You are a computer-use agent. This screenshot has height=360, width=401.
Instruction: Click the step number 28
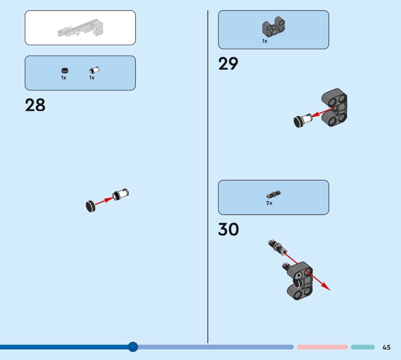click(x=35, y=105)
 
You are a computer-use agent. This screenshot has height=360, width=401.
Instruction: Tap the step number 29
click(x=228, y=64)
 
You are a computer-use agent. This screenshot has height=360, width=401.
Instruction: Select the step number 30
click(x=229, y=230)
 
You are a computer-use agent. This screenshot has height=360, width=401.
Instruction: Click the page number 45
click(x=386, y=347)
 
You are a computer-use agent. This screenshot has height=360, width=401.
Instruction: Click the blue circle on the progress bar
click(x=133, y=346)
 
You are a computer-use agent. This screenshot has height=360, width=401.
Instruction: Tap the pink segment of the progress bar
click(x=322, y=347)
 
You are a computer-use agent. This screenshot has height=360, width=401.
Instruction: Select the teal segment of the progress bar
click(x=362, y=347)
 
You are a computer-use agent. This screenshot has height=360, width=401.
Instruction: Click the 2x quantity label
click(x=269, y=203)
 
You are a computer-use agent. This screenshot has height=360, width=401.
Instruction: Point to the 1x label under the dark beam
click(x=265, y=41)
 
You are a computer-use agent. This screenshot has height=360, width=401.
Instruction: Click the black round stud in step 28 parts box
click(x=64, y=71)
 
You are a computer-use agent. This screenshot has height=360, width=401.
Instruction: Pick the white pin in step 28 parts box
click(x=92, y=71)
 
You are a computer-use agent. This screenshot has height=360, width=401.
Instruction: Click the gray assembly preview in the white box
click(x=80, y=29)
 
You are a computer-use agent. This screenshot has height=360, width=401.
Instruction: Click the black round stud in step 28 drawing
click(x=91, y=206)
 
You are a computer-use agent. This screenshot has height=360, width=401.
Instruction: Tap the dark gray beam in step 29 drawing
click(x=335, y=108)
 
